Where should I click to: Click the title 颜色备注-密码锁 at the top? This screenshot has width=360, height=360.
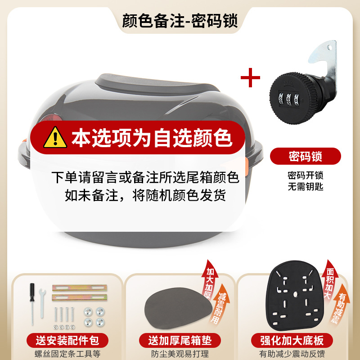pyautogui.click(x=180, y=21)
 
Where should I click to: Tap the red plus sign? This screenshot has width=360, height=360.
pyautogui.click(x=250, y=78)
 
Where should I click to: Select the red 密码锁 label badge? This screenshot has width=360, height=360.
pyautogui.click(x=306, y=156)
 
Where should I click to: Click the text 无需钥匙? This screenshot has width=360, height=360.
pyautogui.click(x=306, y=186)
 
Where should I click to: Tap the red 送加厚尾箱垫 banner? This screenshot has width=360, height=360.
pyautogui.click(x=180, y=340)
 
